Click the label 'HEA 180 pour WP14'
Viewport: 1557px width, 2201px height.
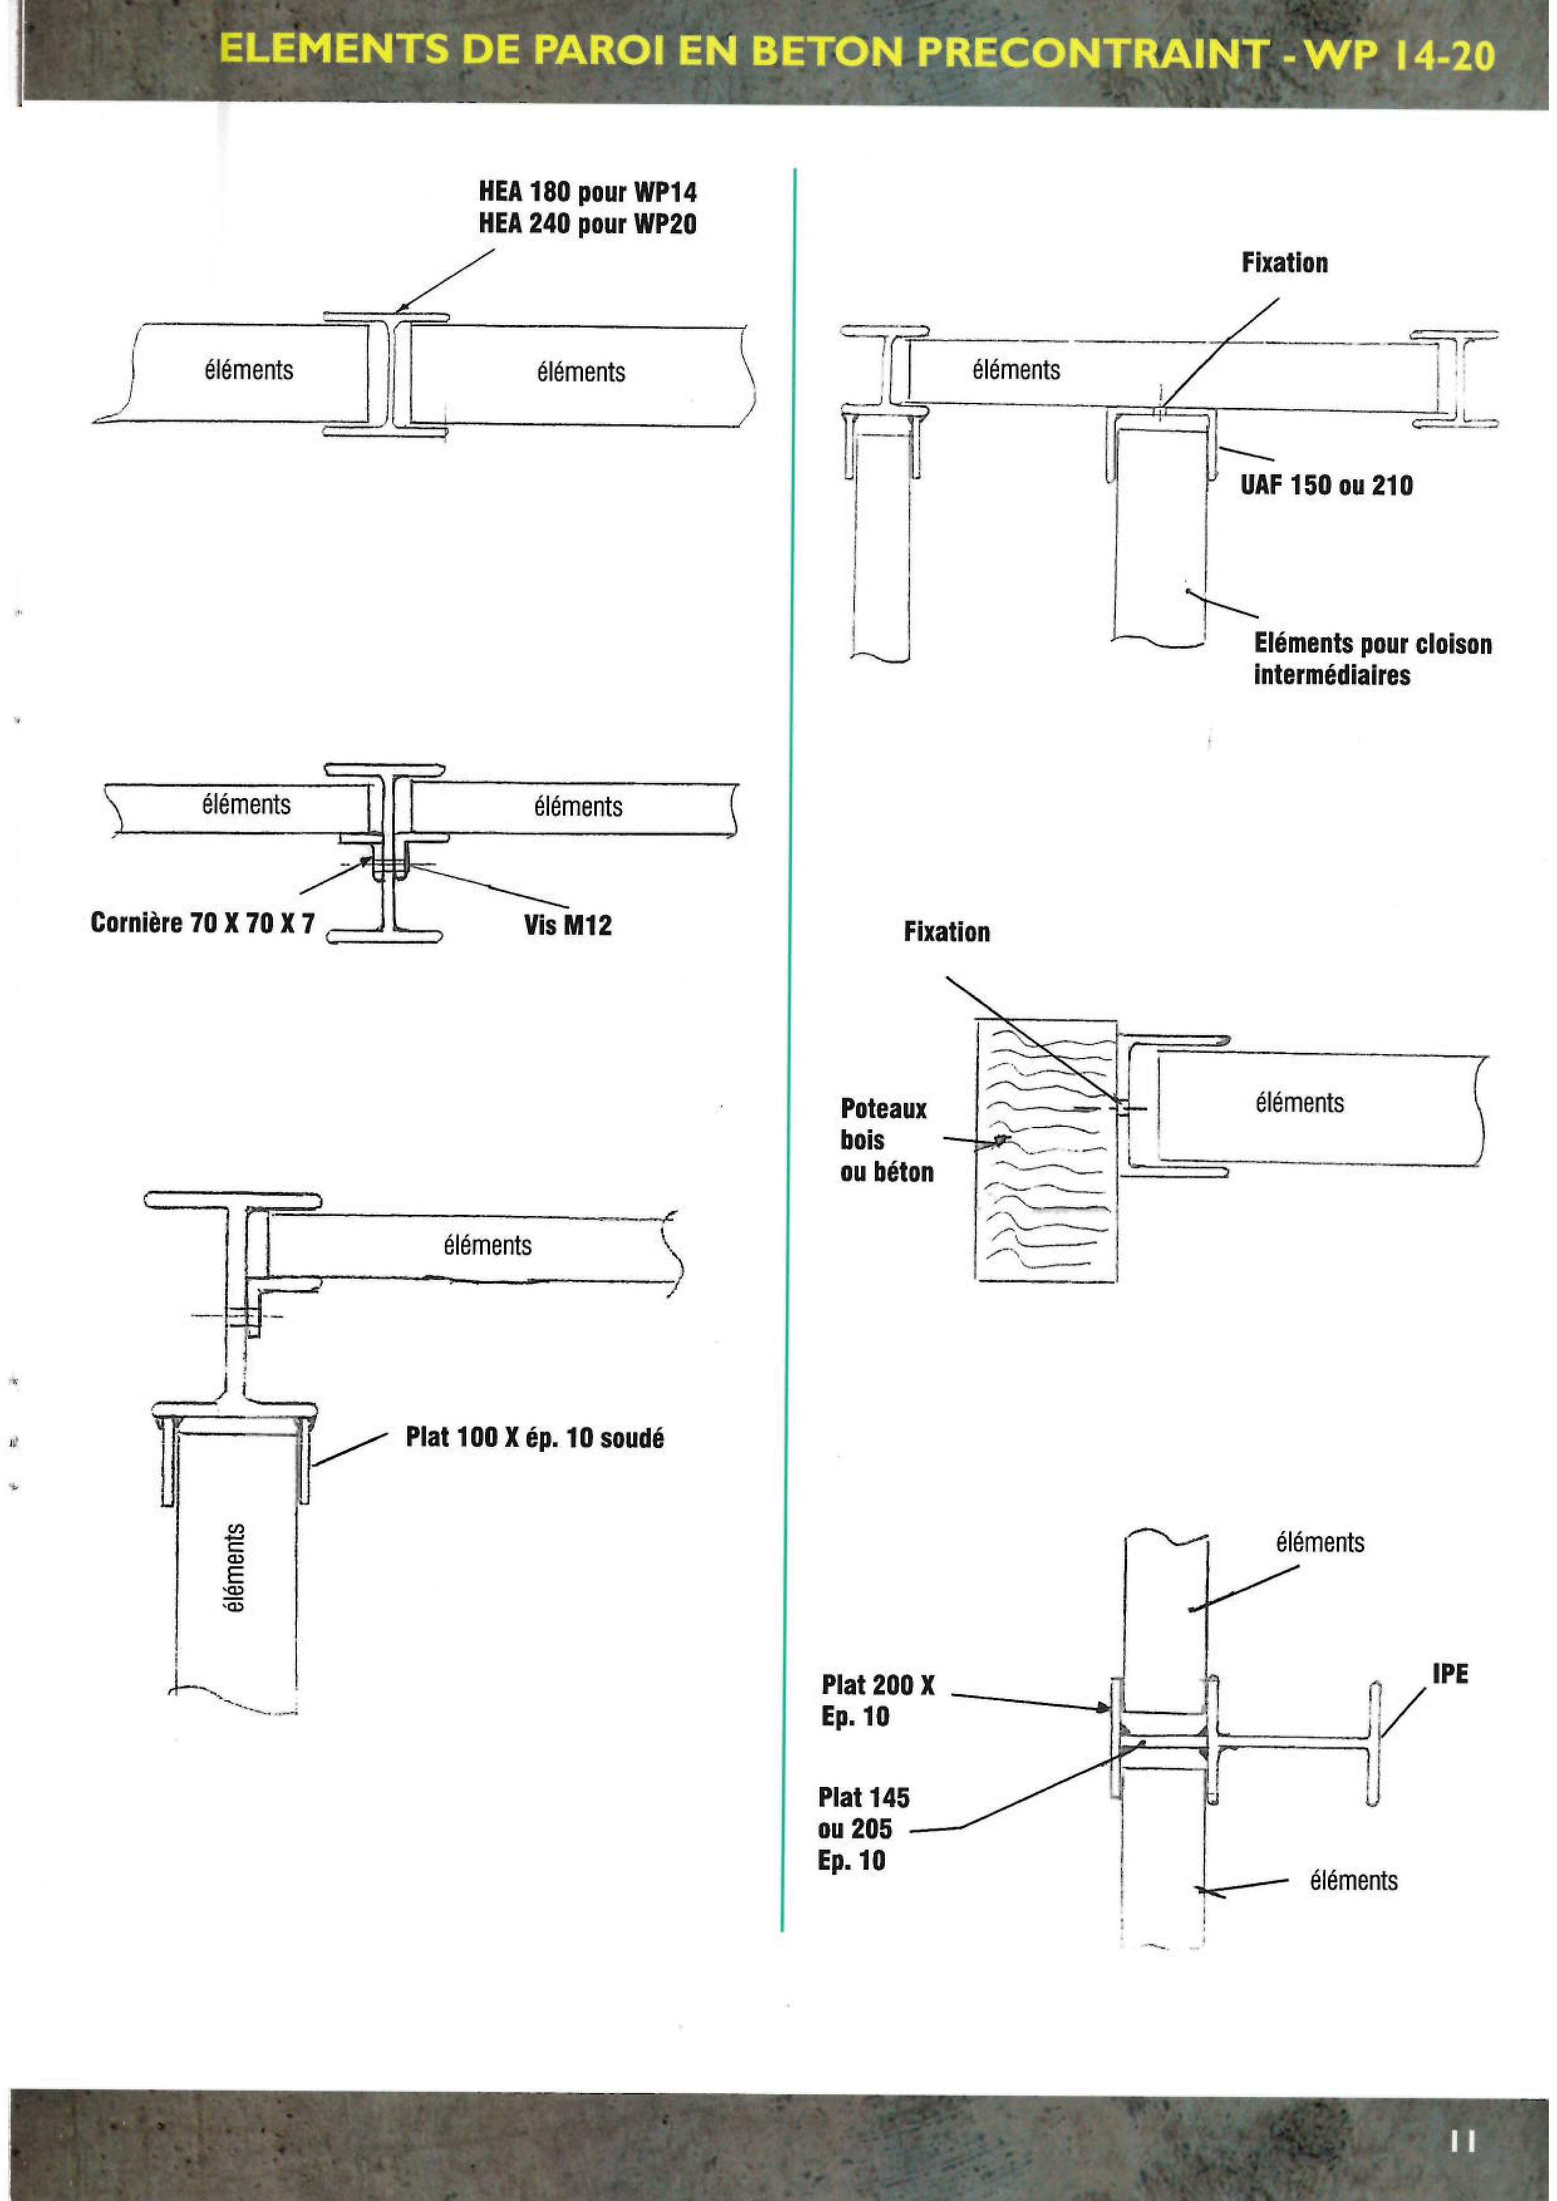point(587,192)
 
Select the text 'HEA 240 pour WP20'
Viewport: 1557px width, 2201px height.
point(587,225)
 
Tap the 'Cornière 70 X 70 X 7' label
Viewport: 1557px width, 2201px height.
point(202,922)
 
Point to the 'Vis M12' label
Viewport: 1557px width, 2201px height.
point(567,925)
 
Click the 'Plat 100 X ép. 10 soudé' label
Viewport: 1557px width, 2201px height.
point(535,1438)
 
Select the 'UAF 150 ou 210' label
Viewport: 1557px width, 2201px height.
point(1326,485)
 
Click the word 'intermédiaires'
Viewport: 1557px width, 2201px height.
point(1332,675)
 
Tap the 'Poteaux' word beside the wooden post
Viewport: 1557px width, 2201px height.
point(883,1109)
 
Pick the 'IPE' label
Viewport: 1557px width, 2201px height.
point(1450,1674)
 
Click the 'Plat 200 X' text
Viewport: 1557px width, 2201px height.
point(877,1685)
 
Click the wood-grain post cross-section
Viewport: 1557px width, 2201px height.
point(1045,1150)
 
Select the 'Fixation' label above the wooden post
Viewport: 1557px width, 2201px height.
point(946,932)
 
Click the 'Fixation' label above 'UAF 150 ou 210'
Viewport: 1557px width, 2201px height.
point(1285,263)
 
